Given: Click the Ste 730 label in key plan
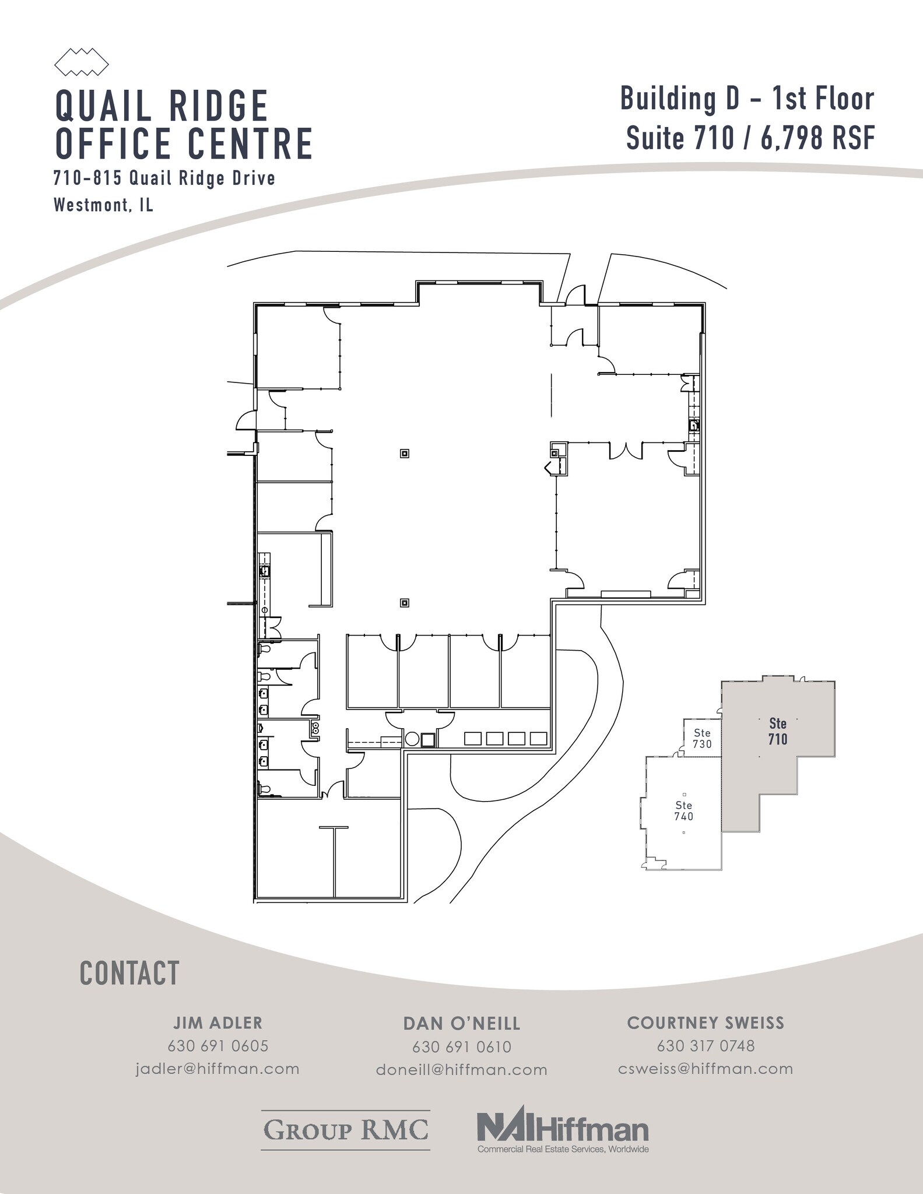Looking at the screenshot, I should (x=702, y=738).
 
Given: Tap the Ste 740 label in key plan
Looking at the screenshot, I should (x=683, y=810).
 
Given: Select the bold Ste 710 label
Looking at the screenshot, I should (x=777, y=731).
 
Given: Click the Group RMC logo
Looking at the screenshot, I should (x=346, y=1130).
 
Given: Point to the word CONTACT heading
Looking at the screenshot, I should (x=129, y=973).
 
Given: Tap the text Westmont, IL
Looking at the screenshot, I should (x=103, y=205).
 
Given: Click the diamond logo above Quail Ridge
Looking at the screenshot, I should (x=81, y=62).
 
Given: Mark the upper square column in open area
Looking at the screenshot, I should (x=404, y=453).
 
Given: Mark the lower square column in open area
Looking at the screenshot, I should (x=404, y=602).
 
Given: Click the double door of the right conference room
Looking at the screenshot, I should (x=626, y=451).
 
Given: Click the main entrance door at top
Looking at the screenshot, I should (x=576, y=295).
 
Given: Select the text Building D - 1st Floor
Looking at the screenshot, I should (x=747, y=99).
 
